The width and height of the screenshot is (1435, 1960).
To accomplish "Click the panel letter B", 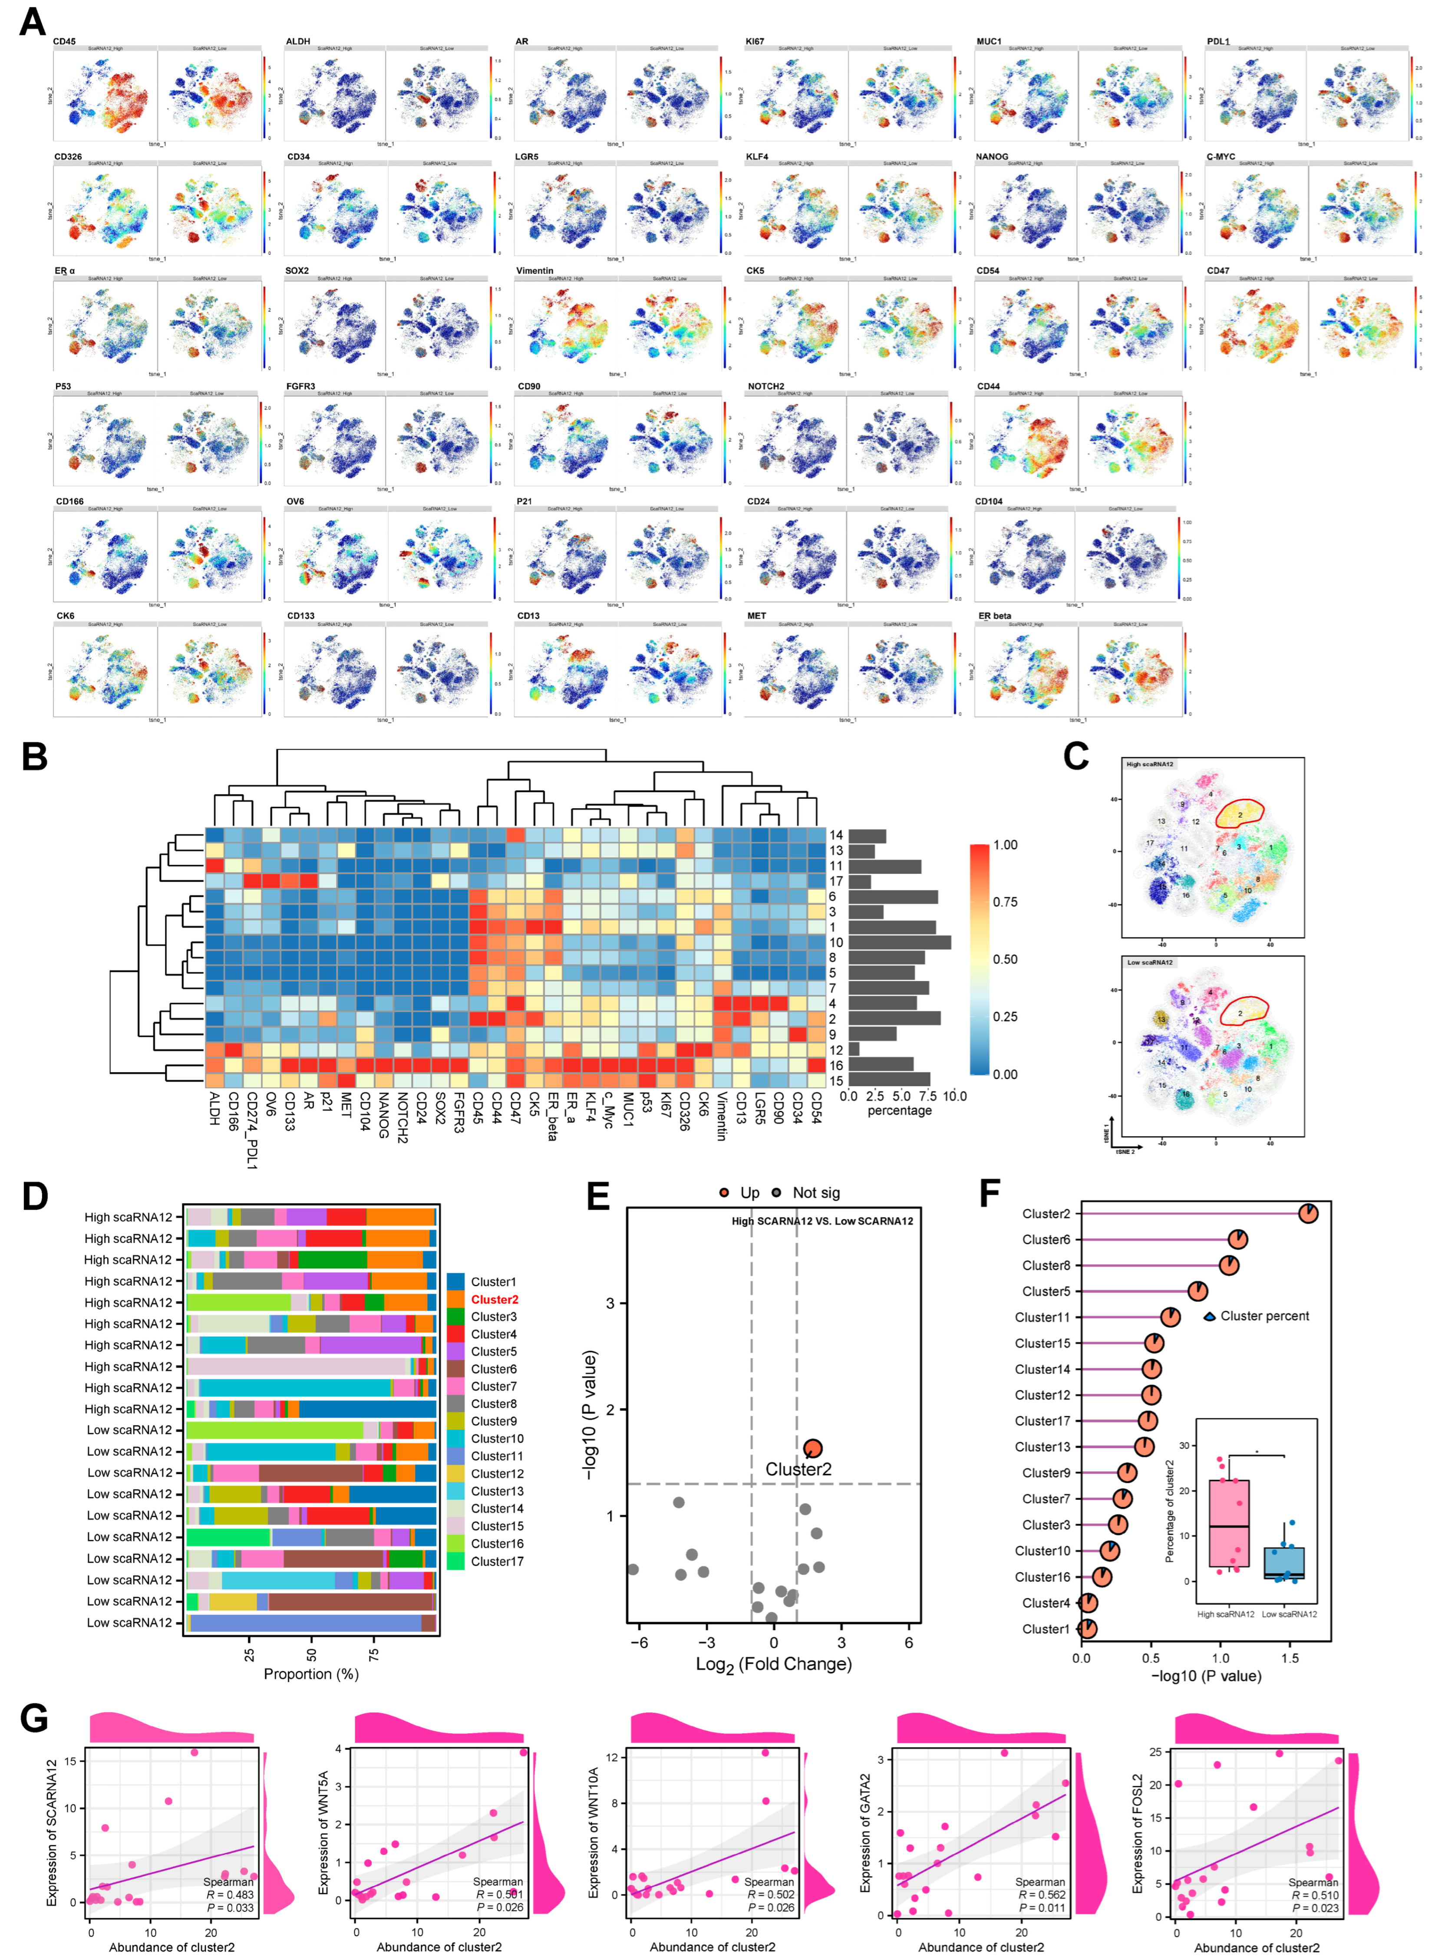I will (35, 756).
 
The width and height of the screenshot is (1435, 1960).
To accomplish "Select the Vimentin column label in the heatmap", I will (721, 1116).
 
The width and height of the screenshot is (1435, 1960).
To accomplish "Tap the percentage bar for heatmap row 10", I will (899, 942).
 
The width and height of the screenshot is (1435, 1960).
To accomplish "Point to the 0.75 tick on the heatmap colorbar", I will (1005, 902).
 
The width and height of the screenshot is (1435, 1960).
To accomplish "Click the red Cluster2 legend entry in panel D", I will (494, 1299).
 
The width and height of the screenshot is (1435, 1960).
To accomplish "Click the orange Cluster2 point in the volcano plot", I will (812, 1448).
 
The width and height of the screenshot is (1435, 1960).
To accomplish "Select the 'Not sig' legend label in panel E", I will (816, 1192).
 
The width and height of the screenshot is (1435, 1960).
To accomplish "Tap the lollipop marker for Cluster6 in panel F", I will (1238, 1239).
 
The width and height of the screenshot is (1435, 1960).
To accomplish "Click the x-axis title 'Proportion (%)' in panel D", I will (311, 1673).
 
